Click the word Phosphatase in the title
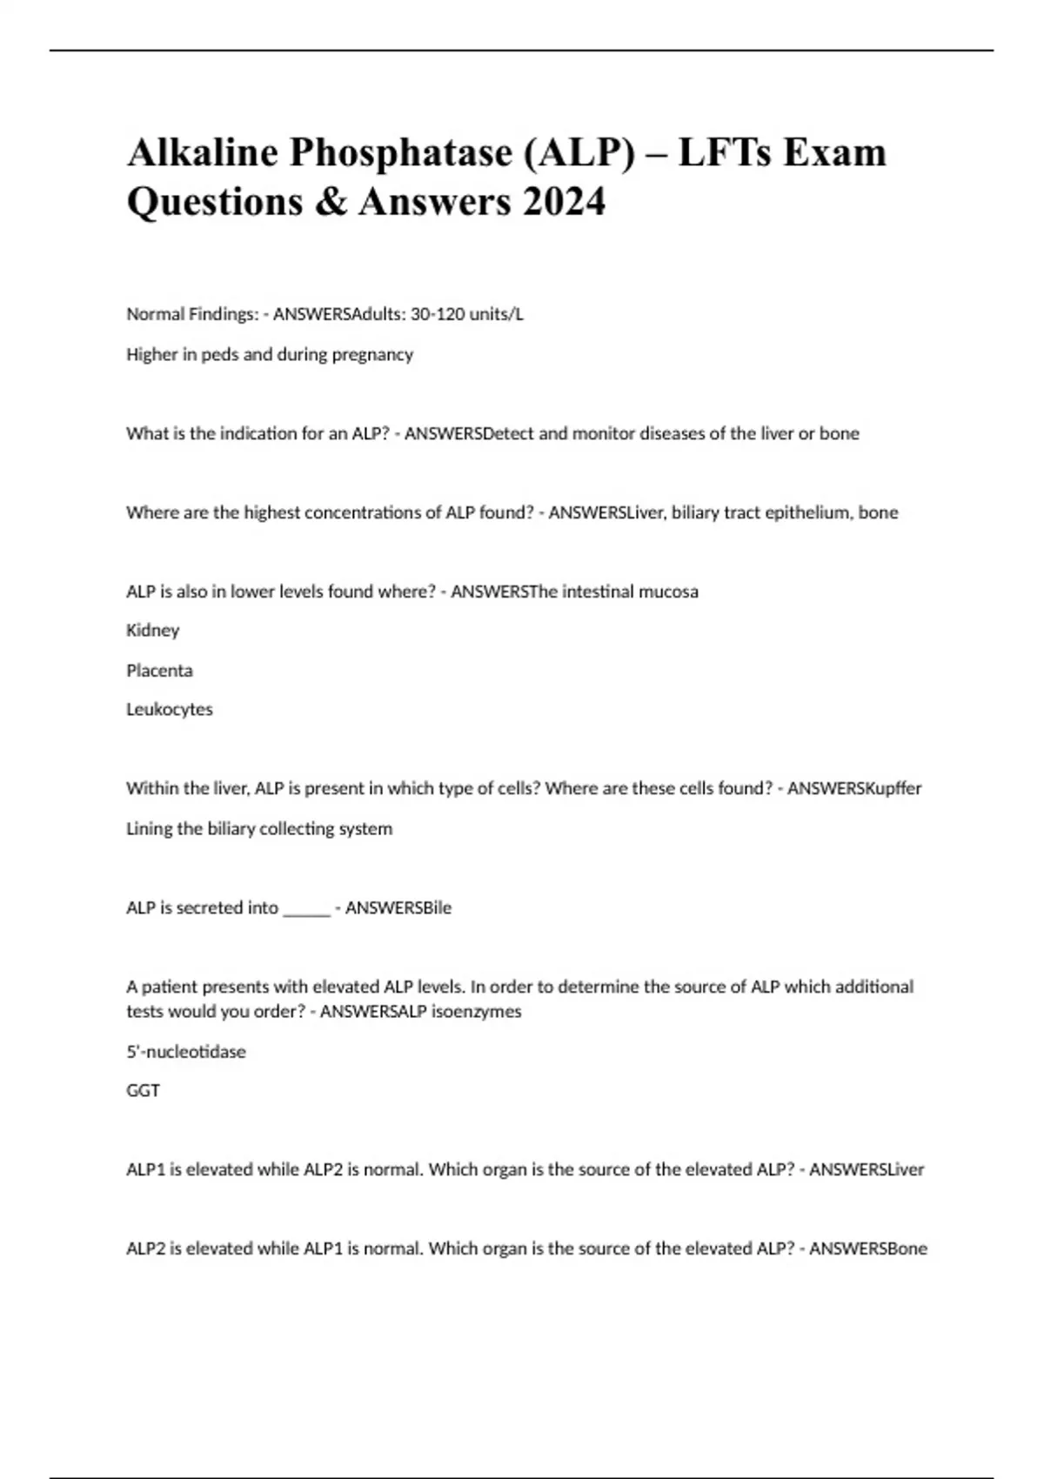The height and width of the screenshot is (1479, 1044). click(401, 153)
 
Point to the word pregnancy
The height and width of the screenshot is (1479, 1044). click(375, 354)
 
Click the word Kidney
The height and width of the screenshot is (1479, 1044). click(153, 630)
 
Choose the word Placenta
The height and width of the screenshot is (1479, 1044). click(159, 670)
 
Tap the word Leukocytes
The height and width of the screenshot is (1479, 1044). click(170, 709)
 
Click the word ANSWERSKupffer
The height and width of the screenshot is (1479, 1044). click(854, 788)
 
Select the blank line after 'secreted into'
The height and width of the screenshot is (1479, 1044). click(307, 908)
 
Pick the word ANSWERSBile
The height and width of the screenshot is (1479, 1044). click(398, 908)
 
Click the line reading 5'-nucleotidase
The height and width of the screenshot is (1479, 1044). click(186, 1052)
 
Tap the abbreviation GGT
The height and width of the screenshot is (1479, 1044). click(143, 1090)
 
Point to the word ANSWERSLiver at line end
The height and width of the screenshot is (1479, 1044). click(867, 1169)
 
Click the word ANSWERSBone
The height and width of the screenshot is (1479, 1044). click(868, 1248)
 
